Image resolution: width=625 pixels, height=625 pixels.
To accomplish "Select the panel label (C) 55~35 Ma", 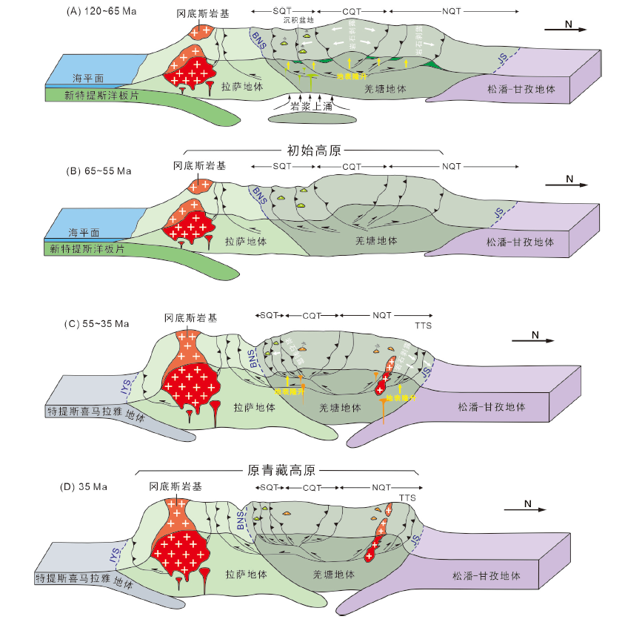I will tap(97, 323).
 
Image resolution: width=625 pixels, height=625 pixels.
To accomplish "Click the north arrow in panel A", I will tap(566, 28).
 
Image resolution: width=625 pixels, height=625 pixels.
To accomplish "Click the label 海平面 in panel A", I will tap(87, 79).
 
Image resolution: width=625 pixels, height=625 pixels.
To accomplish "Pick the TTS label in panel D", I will tap(407, 497).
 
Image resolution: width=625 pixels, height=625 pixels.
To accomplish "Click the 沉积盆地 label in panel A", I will tap(299, 21).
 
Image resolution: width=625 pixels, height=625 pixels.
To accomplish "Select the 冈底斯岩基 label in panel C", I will tap(191, 317).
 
